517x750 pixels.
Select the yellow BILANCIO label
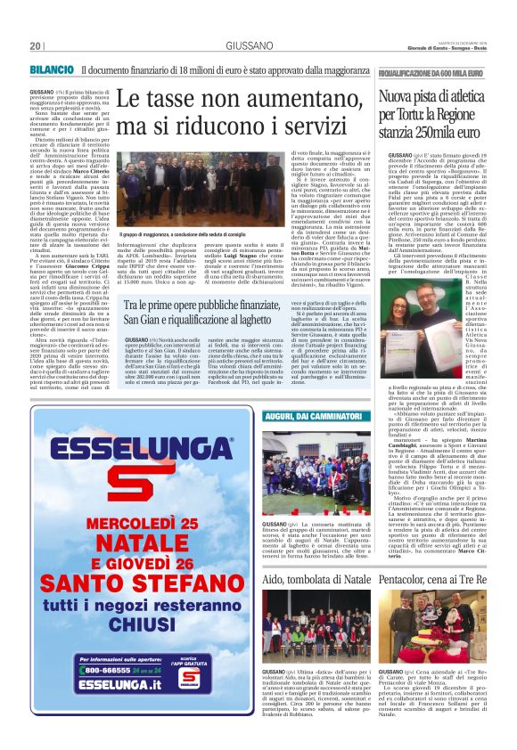click(x=51, y=69)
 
